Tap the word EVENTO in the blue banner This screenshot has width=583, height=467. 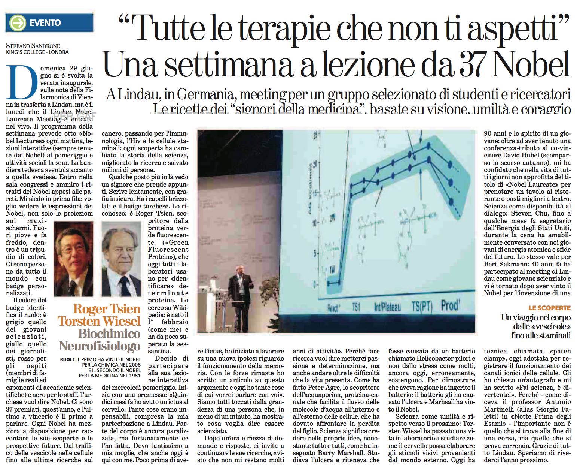(45, 23)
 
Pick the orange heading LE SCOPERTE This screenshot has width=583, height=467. (550, 308)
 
